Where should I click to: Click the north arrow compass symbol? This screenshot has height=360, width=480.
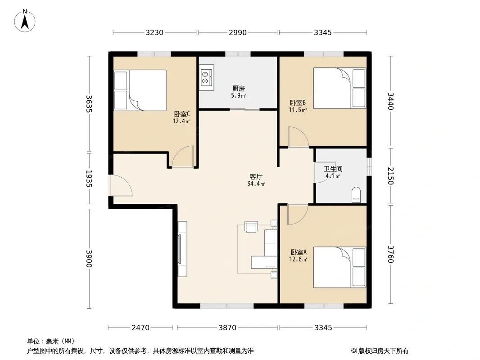[25, 21]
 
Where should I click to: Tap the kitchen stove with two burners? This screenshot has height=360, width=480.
[206, 77]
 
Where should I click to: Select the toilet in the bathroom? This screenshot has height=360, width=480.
[356, 195]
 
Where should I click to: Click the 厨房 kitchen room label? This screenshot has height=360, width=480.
[239, 89]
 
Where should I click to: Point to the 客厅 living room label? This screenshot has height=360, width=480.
[256, 177]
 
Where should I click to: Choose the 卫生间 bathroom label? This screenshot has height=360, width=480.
[333, 169]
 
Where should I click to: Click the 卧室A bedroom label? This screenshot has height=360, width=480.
[299, 252]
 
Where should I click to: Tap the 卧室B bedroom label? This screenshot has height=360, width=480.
[298, 103]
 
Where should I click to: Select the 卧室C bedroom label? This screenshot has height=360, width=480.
[182, 114]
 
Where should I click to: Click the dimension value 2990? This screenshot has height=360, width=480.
[238, 32]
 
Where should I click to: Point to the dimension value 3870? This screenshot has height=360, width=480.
[227, 328]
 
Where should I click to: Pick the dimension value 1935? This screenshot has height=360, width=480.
[89, 179]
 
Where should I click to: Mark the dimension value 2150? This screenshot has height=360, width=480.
[390, 176]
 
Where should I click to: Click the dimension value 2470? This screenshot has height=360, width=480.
[140, 328]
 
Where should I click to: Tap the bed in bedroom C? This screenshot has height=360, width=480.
[140, 90]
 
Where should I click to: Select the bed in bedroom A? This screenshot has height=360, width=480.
[340, 267]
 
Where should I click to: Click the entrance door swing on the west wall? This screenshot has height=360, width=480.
[122, 185]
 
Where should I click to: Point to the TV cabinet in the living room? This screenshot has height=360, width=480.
[182, 249]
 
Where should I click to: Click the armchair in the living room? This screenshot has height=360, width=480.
[251, 227]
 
